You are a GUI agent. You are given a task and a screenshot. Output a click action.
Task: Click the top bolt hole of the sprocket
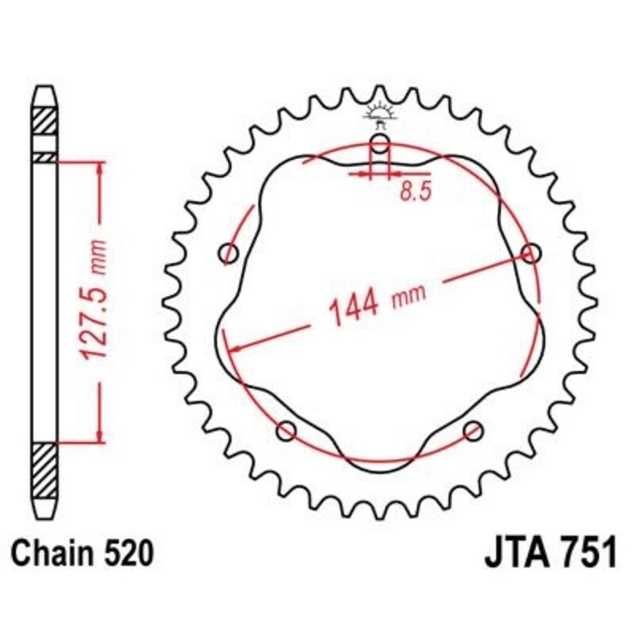pos(380,144)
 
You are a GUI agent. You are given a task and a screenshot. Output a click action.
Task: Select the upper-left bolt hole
pos(229,254)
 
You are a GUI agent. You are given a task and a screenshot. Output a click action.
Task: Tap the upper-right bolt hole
pos(531,253)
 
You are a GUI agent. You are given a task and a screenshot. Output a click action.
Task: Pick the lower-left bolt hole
pos(286,431)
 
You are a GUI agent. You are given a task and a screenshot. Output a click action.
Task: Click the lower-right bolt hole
pos(474,431)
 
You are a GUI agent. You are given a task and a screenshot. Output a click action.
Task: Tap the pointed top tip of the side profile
pos(44,88)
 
